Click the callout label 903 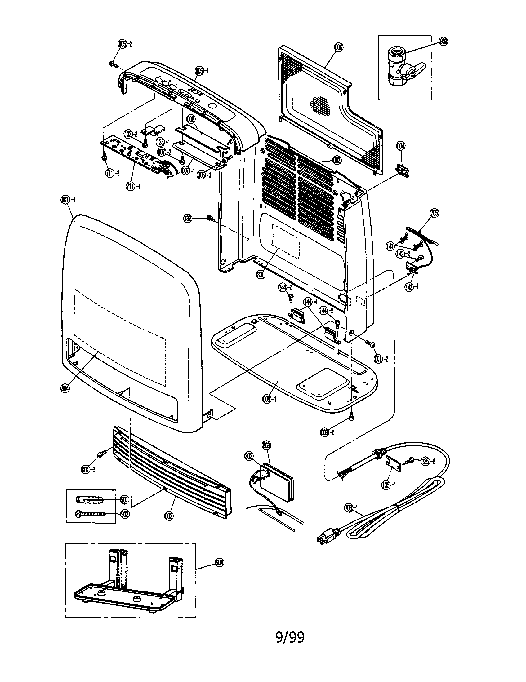pyautogui.click(x=443, y=41)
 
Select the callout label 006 pyautogui.click(x=338, y=47)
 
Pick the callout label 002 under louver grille pyautogui.click(x=169, y=516)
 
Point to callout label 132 pyautogui.click(x=188, y=219)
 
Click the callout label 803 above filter pyautogui.click(x=267, y=445)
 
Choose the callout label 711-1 pyautogui.click(x=133, y=186)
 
